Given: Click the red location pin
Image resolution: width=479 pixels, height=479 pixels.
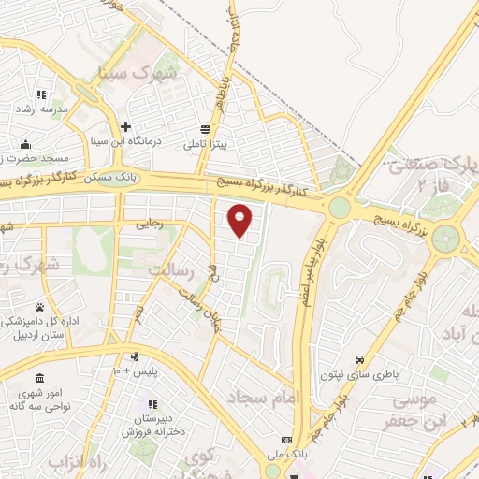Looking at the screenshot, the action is click(240, 220).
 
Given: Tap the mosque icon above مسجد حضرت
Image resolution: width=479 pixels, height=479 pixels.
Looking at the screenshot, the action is click(24, 144).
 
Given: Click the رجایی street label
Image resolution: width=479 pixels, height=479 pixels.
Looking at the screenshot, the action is click(151, 224).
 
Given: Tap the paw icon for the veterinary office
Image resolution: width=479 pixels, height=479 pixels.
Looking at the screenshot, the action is click(40, 307).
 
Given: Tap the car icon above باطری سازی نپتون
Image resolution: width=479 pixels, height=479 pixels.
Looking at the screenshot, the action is click(360, 358).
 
